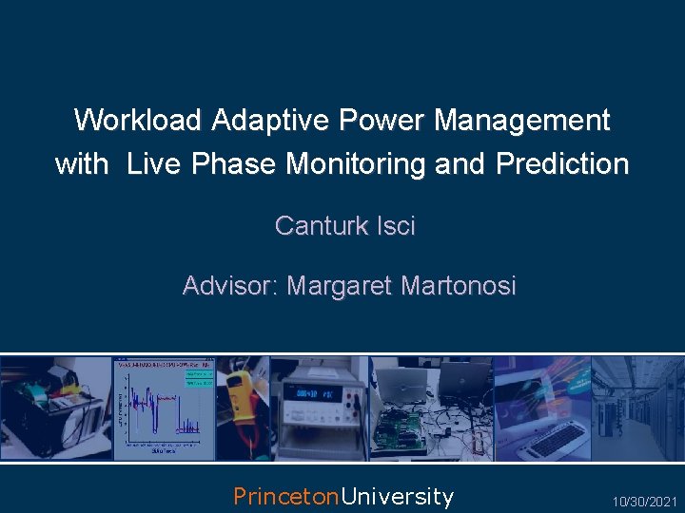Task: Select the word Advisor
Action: [229, 285]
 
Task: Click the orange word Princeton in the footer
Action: [286, 496]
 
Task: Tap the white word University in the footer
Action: [397, 496]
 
